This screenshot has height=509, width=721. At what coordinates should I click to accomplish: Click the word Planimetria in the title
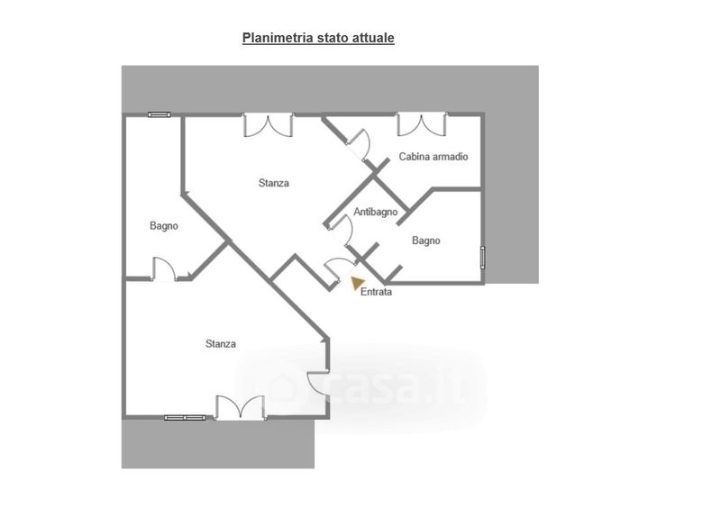276,38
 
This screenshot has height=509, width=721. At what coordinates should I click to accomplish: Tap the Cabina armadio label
434,157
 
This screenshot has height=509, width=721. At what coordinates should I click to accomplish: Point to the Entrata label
376,292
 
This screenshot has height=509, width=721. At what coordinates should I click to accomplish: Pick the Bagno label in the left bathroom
164,226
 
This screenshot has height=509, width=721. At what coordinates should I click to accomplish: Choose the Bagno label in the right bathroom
426,241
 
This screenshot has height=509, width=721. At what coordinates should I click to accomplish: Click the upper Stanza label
274,183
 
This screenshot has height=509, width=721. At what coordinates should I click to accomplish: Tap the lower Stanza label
221,343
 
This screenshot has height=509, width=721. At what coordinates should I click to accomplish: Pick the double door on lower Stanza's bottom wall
241,407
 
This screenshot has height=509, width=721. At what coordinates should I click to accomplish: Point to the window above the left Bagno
160,114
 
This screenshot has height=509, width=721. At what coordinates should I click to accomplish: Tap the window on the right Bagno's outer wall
483,257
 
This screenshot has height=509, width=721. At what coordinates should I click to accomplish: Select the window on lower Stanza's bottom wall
185,417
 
